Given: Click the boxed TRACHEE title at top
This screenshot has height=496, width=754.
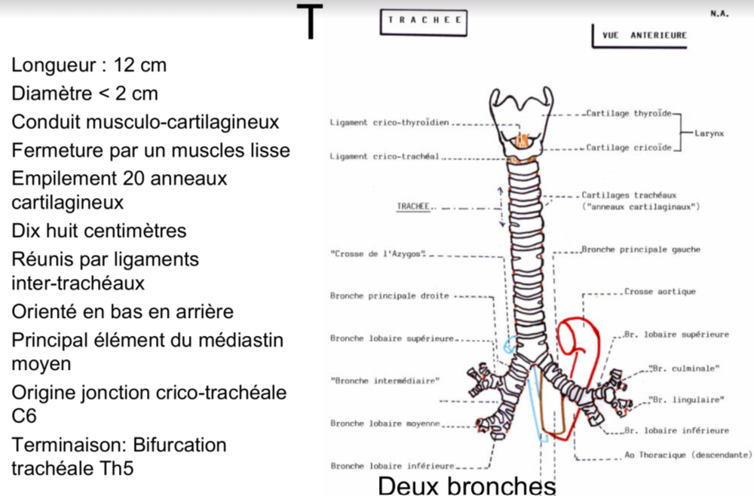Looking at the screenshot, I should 423,22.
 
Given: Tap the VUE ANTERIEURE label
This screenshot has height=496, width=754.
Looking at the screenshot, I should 644,35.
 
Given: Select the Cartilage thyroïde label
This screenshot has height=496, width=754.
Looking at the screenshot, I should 628,114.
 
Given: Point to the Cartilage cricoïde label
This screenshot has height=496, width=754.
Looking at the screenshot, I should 629,148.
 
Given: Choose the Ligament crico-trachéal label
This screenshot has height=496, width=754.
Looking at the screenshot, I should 385,156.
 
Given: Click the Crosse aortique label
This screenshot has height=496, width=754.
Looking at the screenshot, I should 660,292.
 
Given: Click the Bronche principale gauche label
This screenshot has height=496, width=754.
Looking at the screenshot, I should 641,249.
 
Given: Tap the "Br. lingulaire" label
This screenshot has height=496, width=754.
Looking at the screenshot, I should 686,400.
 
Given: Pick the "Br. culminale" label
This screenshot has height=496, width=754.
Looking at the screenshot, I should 684,368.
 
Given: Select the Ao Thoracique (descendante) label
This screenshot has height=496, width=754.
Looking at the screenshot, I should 688,455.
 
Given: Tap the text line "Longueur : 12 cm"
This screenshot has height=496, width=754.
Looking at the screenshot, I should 89,66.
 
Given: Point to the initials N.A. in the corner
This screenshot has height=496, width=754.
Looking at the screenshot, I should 719,14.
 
